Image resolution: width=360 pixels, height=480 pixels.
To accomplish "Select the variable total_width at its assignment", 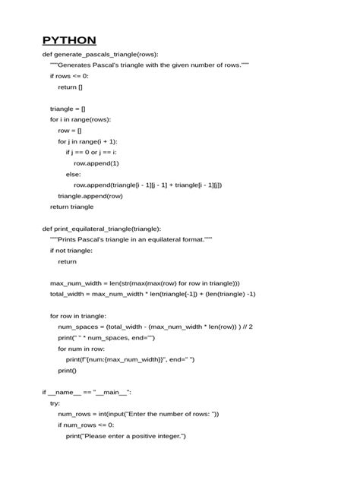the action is tap(67, 293).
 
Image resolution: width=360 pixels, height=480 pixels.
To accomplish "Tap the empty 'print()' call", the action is tap(67, 370).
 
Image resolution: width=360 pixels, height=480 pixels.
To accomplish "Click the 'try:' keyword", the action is tap(55, 403).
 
